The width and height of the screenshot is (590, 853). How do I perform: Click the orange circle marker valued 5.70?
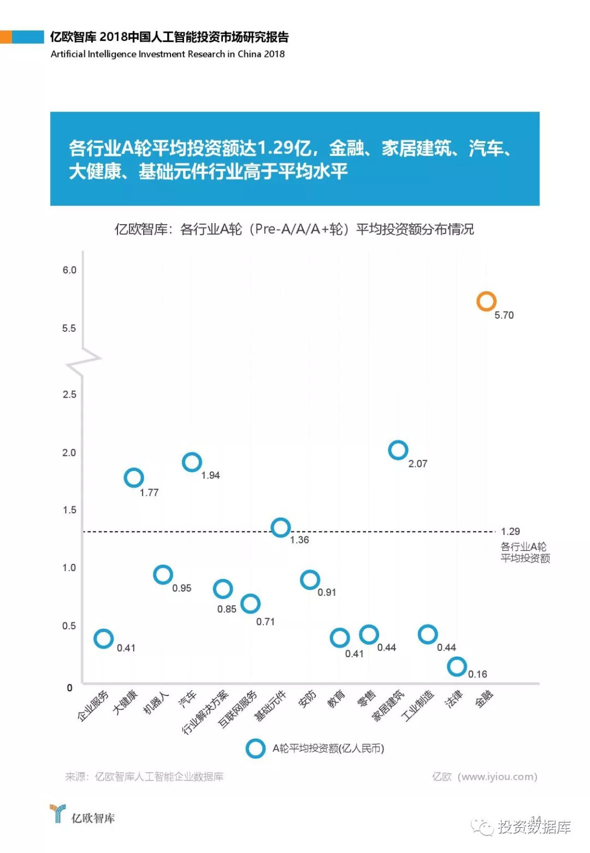(486, 301)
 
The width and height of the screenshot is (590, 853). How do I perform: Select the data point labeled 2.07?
(398, 450)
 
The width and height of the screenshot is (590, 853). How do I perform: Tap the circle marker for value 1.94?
(192, 462)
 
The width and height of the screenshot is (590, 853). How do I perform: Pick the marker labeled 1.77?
(134, 477)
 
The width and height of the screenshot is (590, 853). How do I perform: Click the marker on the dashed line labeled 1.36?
(281, 527)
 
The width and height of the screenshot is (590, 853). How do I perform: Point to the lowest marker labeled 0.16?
(457, 666)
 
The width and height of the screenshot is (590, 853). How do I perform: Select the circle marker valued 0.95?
(163, 574)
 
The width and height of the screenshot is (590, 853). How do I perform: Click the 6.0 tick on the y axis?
(69, 270)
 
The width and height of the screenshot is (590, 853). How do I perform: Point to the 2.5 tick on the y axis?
(69, 395)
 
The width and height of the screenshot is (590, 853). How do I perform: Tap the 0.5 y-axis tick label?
(69, 626)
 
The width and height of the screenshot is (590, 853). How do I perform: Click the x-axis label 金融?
(485, 699)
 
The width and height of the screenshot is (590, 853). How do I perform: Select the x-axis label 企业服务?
(93, 706)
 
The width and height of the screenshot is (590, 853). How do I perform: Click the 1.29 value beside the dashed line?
(510, 531)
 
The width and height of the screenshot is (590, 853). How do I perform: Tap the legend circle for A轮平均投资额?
(255, 749)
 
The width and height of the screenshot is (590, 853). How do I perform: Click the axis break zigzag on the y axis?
(84, 361)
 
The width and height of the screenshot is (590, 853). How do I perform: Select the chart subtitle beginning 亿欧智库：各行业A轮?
(294, 229)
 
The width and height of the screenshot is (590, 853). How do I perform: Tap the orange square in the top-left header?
(5, 37)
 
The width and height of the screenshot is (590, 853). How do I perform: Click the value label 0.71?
(265, 622)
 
